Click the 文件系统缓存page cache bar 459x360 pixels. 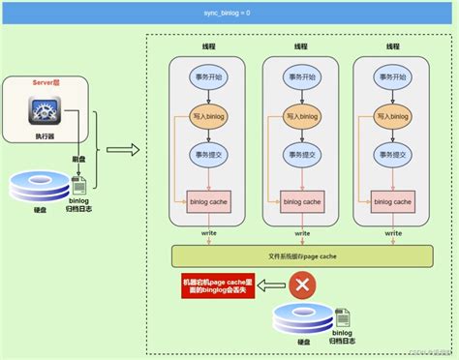coord(301,255)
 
